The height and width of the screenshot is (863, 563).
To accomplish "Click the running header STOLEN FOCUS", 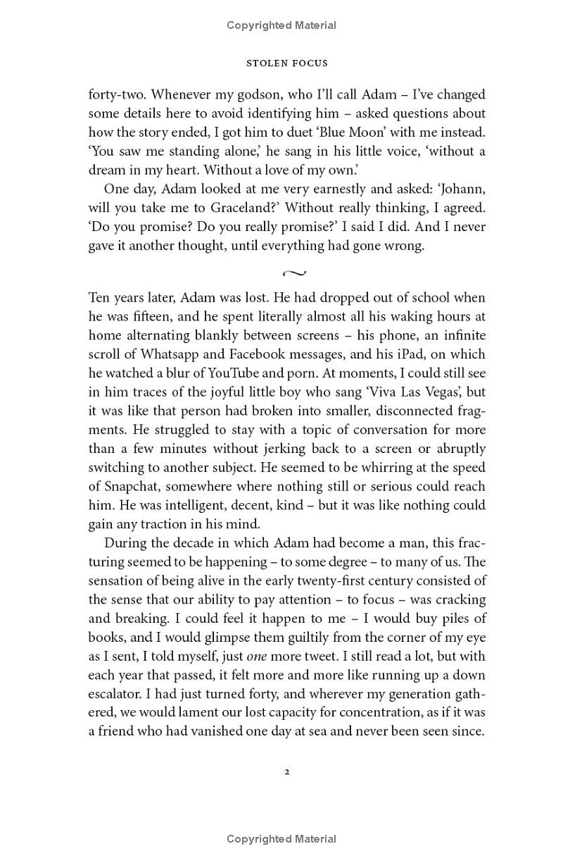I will [286, 63].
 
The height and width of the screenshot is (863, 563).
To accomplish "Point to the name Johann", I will [460, 189].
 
